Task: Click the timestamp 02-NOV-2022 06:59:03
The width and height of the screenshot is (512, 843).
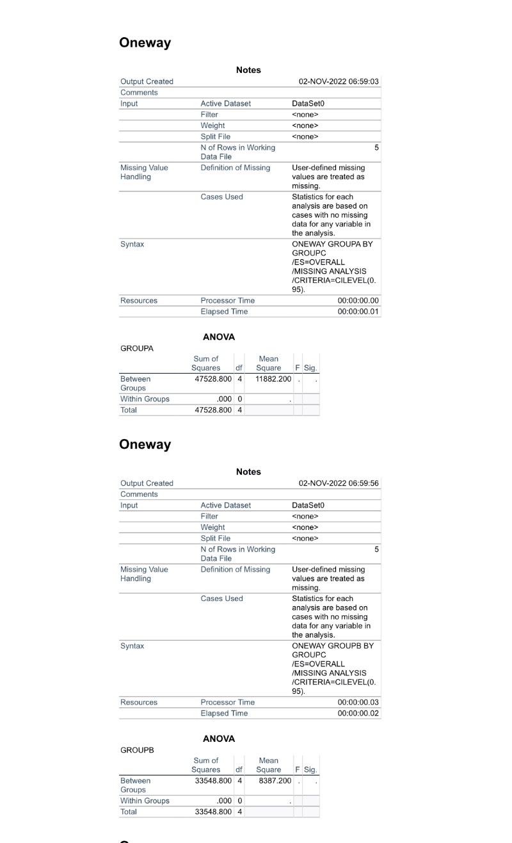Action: pyautogui.click(x=339, y=81)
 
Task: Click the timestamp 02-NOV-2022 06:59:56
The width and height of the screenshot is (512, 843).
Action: pyautogui.click(x=339, y=483)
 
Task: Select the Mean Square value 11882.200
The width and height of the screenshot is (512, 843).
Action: pyautogui.click(x=273, y=379)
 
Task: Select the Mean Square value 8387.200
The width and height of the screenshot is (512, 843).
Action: pyautogui.click(x=275, y=781)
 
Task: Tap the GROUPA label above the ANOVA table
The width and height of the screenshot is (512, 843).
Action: pyautogui.click(x=137, y=349)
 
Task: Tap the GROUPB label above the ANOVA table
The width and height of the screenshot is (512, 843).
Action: pyautogui.click(x=137, y=750)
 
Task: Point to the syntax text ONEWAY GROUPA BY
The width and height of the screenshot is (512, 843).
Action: pyautogui.click(x=332, y=245)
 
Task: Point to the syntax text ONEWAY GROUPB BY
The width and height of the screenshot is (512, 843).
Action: pyautogui.click(x=332, y=646)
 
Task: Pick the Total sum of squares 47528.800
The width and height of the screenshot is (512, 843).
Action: pyautogui.click(x=211, y=410)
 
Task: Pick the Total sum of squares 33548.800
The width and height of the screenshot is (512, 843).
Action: pyautogui.click(x=211, y=812)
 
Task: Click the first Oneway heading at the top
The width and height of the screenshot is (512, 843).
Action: pyautogui.click(x=145, y=43)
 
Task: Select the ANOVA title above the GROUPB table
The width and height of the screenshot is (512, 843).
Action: pyautogui.click(x=219, y=739)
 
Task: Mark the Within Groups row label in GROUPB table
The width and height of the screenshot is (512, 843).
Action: pyautogui.click(x=145, y=801)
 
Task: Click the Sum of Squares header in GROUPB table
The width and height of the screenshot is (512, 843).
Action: pyautogui.click(x=205, y=765)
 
